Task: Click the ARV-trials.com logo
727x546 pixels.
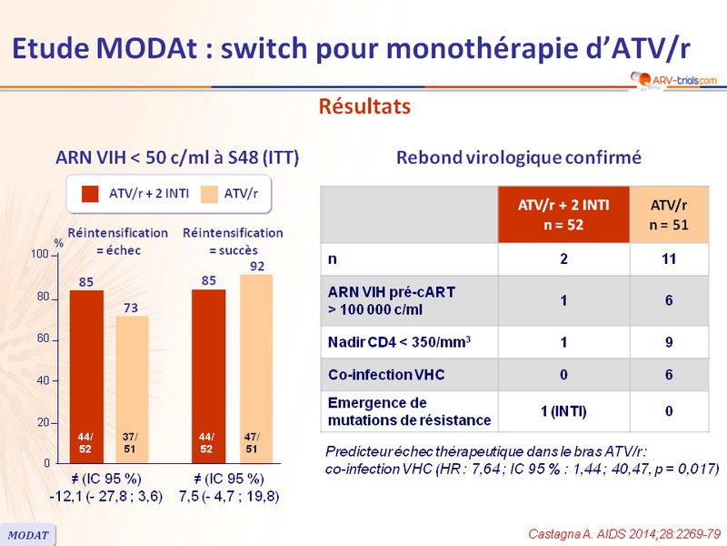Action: [672, 80]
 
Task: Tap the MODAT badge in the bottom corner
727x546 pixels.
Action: [29, 534]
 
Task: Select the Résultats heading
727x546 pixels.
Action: [363, 106]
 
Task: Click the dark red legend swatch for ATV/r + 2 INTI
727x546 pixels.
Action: [90, 193]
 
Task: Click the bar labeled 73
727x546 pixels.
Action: [132, 382]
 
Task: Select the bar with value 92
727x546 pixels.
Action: [255, 364]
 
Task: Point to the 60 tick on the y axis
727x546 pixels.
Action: [43, 339]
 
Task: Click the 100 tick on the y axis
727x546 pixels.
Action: [39, 255]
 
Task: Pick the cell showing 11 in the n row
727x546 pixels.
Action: [669, 259]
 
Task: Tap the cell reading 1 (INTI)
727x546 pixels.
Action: [563, 411]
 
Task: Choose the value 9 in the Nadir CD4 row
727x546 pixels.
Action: [669, 342]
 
